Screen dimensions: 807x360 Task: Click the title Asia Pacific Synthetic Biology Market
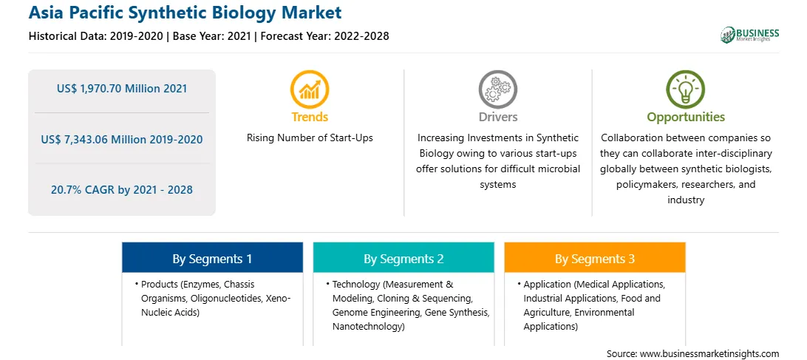point(185,13)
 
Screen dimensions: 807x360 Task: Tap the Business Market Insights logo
point(750,35)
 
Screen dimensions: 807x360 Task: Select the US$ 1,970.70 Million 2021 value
point(122,89)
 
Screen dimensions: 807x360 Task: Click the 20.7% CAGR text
point(84,190)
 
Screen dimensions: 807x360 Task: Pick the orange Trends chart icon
point(310,89)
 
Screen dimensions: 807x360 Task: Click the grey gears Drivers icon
point(497,89)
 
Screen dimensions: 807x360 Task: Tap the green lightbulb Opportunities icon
point(686,89)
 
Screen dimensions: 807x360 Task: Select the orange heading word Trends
point(310,117)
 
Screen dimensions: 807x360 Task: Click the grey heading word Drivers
point(498,117)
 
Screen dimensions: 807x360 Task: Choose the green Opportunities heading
point(686,118)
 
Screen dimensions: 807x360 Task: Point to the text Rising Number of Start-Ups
point(310,138)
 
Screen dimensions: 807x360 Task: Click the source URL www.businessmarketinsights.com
point(709,354)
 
